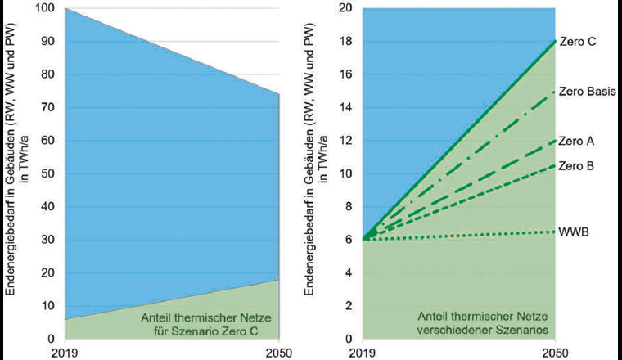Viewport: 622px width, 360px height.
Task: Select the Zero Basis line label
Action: [x=588, y=92]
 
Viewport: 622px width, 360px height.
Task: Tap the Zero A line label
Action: [x=577, y=141]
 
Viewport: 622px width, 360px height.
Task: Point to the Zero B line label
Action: [x=577, y=166]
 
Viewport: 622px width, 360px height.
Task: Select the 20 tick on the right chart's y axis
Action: [x=345, y=9]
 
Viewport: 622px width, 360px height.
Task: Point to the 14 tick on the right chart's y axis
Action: [x=345, y=108]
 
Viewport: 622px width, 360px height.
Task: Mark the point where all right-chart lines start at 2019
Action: [x=363, y=239]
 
